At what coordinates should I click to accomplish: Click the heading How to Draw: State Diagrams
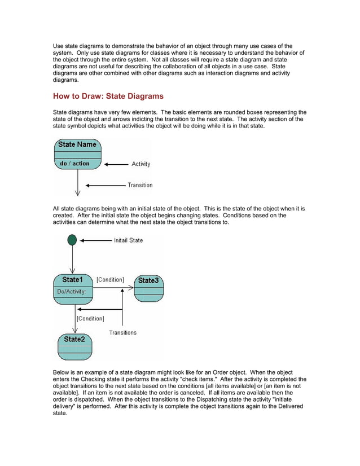click(x=108, y=96)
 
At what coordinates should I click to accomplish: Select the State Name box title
click(x=77, y=144)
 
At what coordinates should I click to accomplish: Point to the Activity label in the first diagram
click(x=141, y=164)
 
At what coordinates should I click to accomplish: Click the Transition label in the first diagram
click(x=139, y=185)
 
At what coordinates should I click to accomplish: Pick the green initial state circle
click(x=72, y=240)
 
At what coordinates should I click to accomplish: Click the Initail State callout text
click(x=128, y=240)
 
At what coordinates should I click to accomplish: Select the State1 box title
click(x=72, y=280)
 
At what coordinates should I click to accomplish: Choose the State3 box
click(x=148, y=288)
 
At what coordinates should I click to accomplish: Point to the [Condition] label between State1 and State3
click(x=110, y=280)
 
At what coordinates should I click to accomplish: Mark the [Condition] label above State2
click(x=90, y=319)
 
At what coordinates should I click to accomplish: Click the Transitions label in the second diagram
click(x=122, y=333)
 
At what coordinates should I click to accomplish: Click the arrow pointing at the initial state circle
click(x=95, y=240)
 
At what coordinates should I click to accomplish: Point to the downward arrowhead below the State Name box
click(x=77, y=192)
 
